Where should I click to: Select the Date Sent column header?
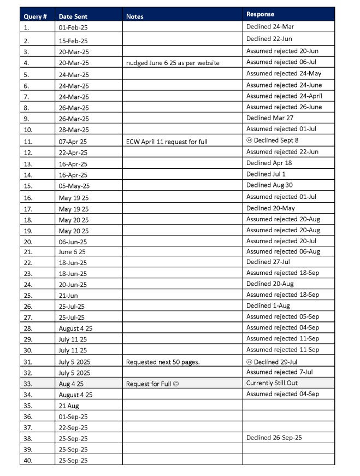[x=73, y=16]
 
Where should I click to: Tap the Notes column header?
[x=135, y=16]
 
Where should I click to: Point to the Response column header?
[x=261, y=14]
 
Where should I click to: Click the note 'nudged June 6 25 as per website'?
[x=173, y=63]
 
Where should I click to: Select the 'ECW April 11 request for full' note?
[x=167, y=142]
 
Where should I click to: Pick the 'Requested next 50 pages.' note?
[x=163, y=362]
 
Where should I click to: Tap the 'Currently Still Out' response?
[x=272, y=383]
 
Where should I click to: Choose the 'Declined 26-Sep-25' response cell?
[x=274, y=437]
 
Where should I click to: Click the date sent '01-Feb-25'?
[x=73, y=27]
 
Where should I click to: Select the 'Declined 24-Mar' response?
[x=270, y=26]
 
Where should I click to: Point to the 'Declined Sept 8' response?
[x=272, y=140]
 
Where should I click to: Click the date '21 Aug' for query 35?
[x=69, y=406]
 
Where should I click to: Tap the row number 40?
[x=28, y=460]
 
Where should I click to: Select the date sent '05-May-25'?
[x=73, y=186]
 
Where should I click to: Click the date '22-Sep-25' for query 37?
[x=73, y=427]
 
